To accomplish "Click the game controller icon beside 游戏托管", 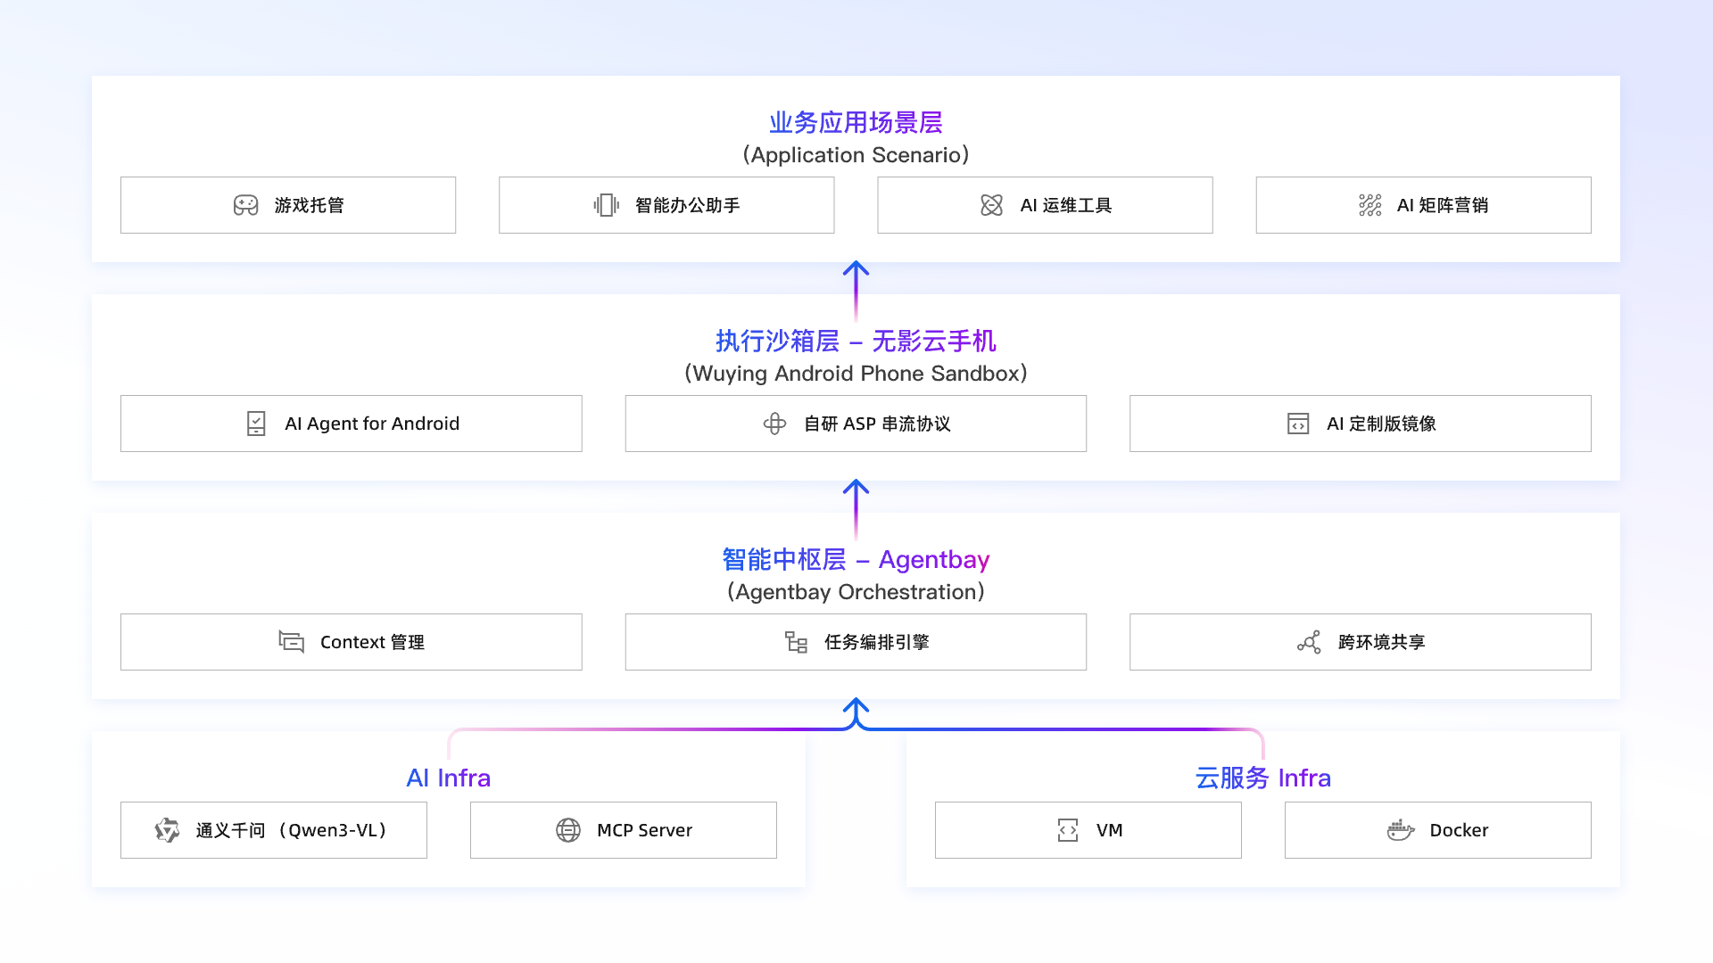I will pos(245,205).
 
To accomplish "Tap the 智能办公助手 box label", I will pos(687,205).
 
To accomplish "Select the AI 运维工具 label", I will pos(1065,205).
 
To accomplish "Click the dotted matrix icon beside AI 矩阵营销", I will pos(1370,205).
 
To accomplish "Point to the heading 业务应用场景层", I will pos(856,122).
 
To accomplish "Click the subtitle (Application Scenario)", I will pos(856,155).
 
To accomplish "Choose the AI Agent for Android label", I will pos(372,424).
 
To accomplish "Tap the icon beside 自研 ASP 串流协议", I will pos(774,424).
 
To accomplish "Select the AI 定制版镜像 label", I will pos(1381,424).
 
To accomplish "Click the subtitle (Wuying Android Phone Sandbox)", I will pos(856,374).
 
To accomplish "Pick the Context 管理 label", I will pos(372,642).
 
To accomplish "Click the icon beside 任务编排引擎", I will pos(796,642).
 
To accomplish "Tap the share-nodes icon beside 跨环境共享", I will pos(1309,642).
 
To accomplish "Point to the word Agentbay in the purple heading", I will pos(934,560).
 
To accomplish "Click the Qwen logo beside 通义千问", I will pos(167,830).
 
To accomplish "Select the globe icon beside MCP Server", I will pos(568,830).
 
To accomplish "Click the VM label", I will pos(1109,830).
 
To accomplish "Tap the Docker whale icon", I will pos(1401,830).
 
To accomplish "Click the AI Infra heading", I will pos(448,778).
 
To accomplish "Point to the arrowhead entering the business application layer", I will pos(856,267).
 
